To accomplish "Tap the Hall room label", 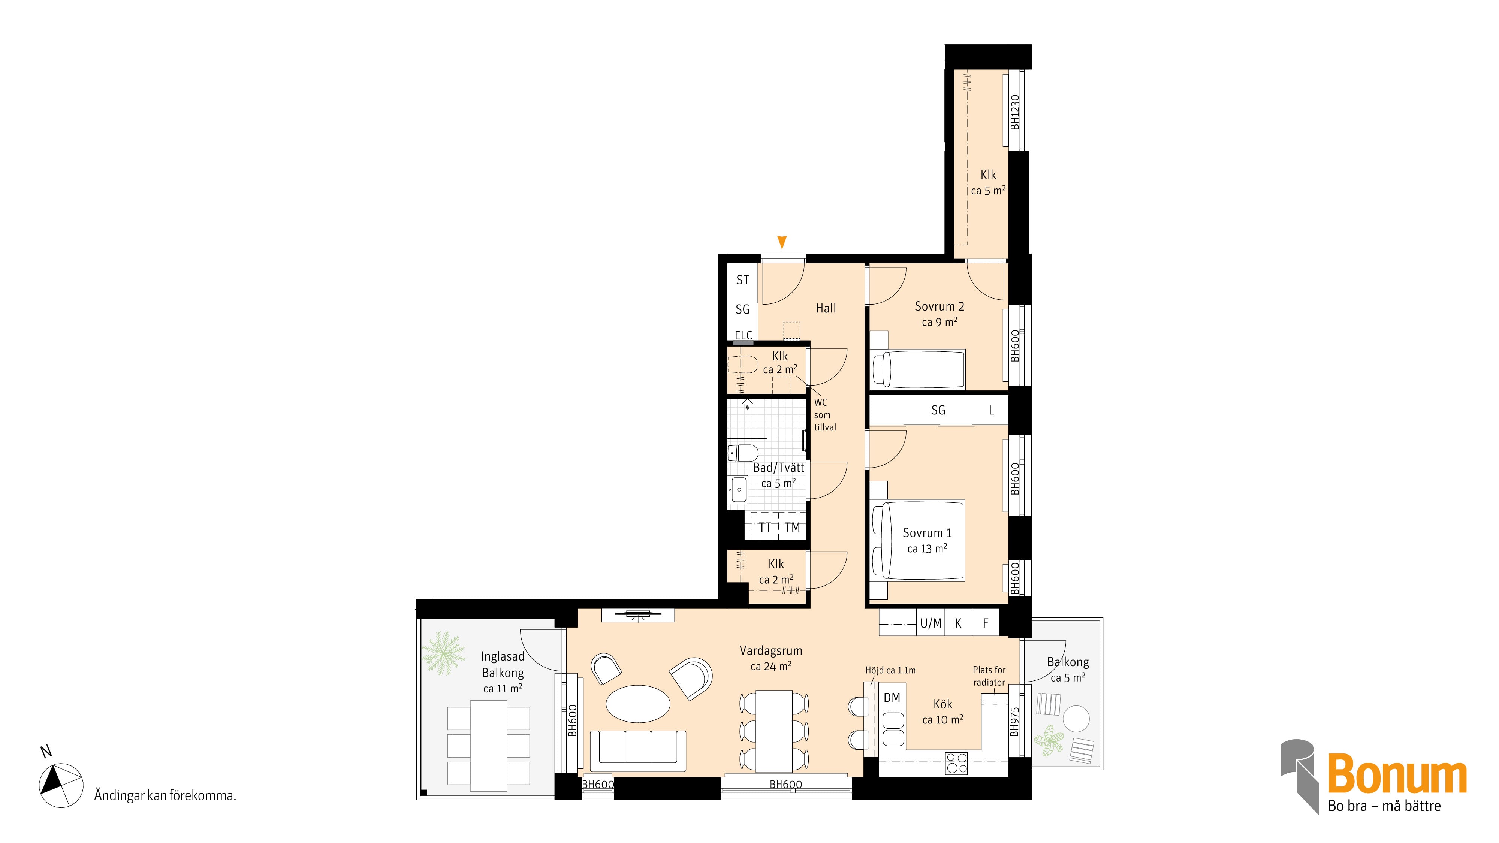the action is click(826, 308).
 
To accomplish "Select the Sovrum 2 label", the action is click(939, 306).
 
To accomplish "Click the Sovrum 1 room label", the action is click(927, 533).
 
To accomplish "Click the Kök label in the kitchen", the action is click(943, 704).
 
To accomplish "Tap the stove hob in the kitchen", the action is click(956, 763).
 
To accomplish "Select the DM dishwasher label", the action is click(892, 698).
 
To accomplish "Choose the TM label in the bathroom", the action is click(792, 528).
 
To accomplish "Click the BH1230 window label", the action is click(1015, 112).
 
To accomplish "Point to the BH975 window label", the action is click(1015, 722).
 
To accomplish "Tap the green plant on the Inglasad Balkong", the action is click(443, 653).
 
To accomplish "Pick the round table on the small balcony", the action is click(1076, 719).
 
